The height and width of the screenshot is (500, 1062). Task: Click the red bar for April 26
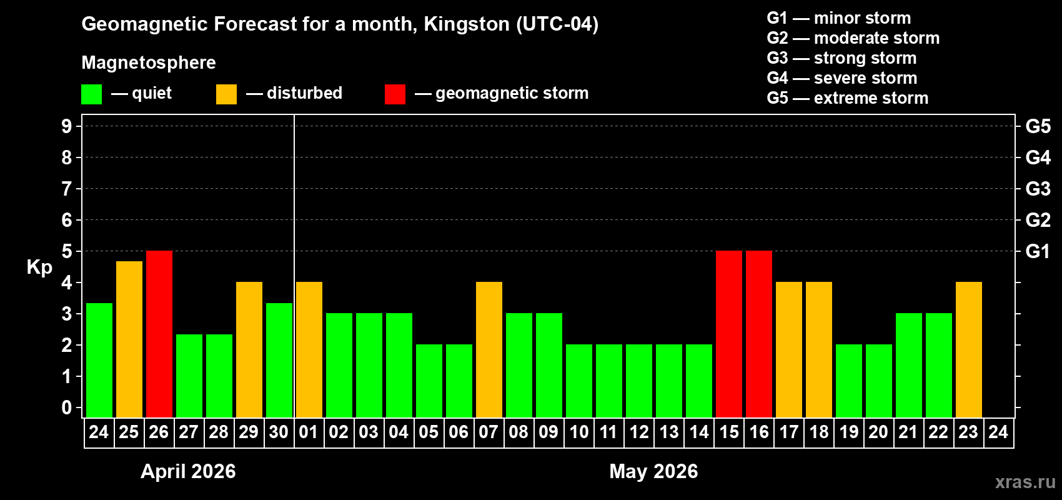coord(159,334)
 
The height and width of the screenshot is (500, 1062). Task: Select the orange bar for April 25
coord(129,339)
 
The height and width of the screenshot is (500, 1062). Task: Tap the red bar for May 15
coord(729,334)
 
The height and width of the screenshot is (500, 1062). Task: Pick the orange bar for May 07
coord(489,349)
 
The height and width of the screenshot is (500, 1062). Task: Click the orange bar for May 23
coord(969,349)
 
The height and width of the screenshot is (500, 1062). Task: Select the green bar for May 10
coord(579,381)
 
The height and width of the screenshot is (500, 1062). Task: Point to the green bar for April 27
coord(189,376)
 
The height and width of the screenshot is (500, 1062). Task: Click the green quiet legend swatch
coord(92,94)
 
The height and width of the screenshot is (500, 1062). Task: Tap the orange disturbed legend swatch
coord(226,94)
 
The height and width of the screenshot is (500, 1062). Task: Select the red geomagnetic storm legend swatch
coord(395,94)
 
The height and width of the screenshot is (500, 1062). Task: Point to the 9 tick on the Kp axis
coord(67,126)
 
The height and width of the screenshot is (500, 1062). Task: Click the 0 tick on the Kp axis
coord(67,408)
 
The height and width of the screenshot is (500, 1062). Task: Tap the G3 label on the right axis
coord(1038,189)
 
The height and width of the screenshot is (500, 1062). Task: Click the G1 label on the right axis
coord(1038,251)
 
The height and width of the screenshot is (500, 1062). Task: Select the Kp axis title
coord(39,267)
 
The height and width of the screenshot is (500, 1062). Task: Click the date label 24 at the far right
coord(998,432)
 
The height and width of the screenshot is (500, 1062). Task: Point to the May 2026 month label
coord(653,471)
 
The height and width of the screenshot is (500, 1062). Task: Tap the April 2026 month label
coord(188,471)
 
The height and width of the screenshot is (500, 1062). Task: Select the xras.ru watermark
coord(1025,482)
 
